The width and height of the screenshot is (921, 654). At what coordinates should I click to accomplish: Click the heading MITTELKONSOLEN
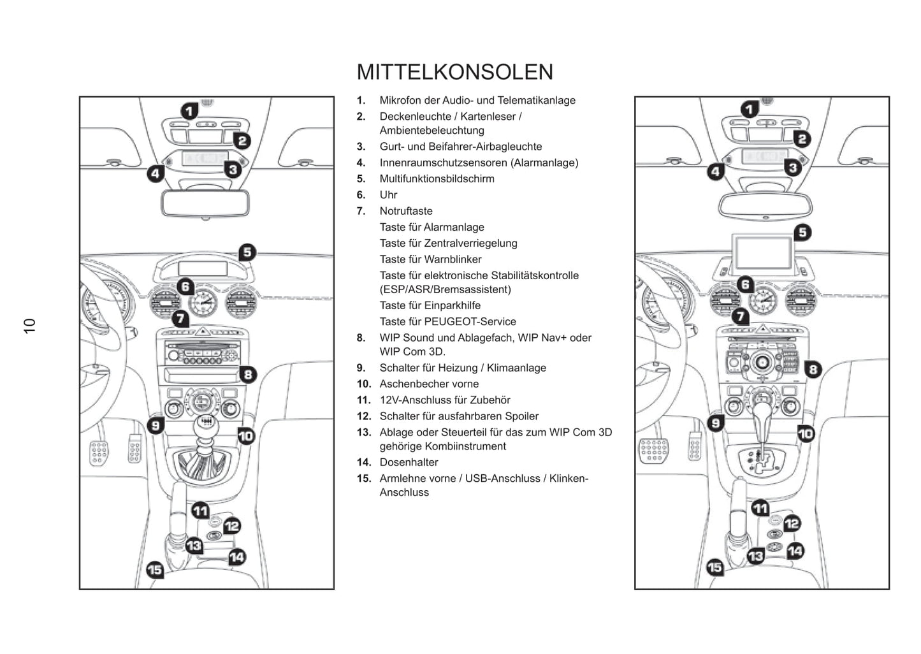tap(454, 72)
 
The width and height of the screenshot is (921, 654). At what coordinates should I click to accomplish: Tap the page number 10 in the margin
tap(30, 326)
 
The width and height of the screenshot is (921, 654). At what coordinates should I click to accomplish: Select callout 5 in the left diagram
tap(247, 252)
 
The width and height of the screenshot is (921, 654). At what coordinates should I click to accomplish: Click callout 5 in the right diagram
tap(802, 233)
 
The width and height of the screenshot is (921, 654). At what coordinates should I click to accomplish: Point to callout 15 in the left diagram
tap(155, 569)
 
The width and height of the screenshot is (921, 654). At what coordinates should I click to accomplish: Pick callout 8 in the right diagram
tap(813, 369)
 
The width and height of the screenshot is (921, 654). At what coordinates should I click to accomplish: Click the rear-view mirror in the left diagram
tap(205, 203)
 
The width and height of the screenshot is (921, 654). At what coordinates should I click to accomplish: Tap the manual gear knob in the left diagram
tap(205, 423)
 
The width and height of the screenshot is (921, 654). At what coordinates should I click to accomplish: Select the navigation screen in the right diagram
tap(763, 252)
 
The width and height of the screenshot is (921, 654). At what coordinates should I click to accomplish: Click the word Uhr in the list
tap(388, 195)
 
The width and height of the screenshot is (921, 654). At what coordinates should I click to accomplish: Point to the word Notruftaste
tap(406, 211)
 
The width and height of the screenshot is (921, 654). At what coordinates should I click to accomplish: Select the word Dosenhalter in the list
tap(409, 462)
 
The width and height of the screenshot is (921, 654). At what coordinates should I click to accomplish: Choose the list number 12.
tap(363, 416)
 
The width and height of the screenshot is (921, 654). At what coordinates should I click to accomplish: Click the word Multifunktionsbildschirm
tap(437, 179)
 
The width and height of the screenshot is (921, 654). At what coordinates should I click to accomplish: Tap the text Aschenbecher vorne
tap(429, 384)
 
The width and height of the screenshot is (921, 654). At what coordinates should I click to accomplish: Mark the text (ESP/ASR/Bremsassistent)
tap(445, 289)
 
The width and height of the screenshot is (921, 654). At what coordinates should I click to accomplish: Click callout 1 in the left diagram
tap(189, 112)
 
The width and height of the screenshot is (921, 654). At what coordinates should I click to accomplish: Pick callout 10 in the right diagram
tap(806, 434)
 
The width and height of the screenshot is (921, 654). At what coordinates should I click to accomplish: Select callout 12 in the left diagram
tap(231, 526)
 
